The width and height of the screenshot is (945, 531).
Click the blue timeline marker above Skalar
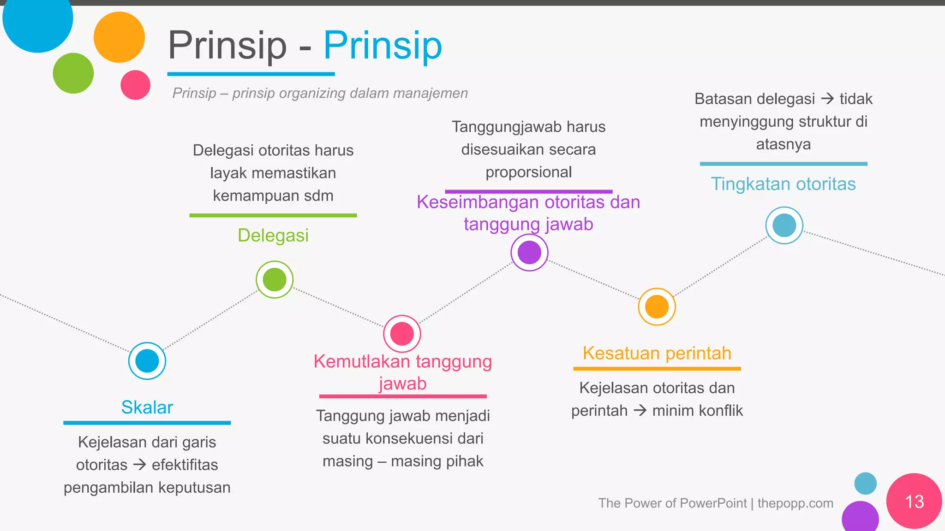pyautogui.click(x=147, y=361)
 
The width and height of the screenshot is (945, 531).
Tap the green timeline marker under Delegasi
pyautogui.click(x=275, y=279)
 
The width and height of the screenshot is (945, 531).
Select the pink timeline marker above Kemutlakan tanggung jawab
pyautogui.click(x=402, y=334)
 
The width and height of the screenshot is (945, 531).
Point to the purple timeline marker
pyautogui.click(x=529, y=253)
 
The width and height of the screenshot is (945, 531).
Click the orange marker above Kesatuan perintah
pyautogui.click(x=657, y=307)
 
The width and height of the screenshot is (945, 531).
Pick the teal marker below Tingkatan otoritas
pyautogui.click(x=784, y=225)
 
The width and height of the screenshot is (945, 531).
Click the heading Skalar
pyautogui.click(x=147, y=407)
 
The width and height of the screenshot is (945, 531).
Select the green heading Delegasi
pyautogui.click(x=273, y=236)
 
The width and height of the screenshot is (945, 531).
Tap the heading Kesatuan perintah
pyautogui.click(x=657, y=354)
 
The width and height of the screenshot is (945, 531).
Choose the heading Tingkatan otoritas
pyautogui.click(x=783, y=184)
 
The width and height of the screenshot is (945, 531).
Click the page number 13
pyautogui.click(x=914, y=501)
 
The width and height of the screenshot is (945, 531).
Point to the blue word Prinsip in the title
pyautogui.click(x=383, y=46)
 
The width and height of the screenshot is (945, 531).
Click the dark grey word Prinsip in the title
pyautogui.click(x=227, y=46)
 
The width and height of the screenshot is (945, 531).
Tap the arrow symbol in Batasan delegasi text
pyautogui.click(x=827, y=99)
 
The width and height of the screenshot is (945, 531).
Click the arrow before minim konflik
pyautogui.click(x=640, y=410)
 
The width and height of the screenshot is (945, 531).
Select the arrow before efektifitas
pyautogui.click(x=139, y=465)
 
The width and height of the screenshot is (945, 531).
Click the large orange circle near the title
pyautogui.click(x=119, y=37)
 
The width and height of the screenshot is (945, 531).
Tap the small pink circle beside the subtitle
pyautogui.click(x=135, y=85)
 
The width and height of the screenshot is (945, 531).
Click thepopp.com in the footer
pyautogui.click(x=795, y=503)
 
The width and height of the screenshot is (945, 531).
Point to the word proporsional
pyautogui.click(x=528, y=172)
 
